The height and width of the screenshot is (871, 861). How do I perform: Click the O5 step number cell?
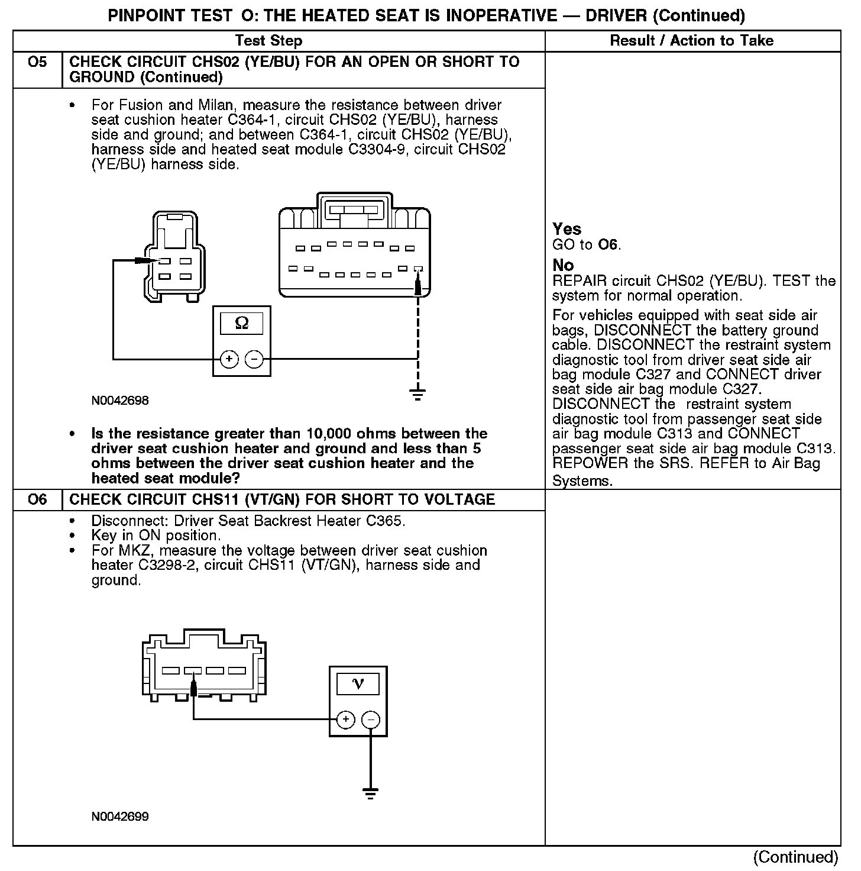pyautogui.click(x=37, y=62)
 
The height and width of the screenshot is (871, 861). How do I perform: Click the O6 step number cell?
pyautogui.click(x=37, y=499)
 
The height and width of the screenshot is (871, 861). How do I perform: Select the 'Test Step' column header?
pyautogui.click(x=269, y=41)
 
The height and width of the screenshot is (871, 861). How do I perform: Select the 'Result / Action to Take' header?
pyautogui.click(x=691, y=41)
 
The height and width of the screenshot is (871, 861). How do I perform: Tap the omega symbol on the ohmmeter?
pyautogui.click(x=242, y=323)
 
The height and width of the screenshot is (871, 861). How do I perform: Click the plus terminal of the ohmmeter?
pyautogui.click(x=229, y=359)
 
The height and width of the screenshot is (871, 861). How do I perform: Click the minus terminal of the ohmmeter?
pyautogui.click(x=254, y=359)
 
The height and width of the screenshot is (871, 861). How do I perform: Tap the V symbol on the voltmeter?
pyautogui.click(x=358, y=684)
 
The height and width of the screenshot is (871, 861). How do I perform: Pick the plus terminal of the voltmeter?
pyautogui.click(x=345, y=720)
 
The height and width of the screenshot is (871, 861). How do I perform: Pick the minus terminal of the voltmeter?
pyautogui.click(x=371, y=720)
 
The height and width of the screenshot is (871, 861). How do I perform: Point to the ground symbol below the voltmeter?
pyautogui.click(x=371, y=793)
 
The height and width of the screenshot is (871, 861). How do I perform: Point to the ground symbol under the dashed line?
pyautogui.click(x=418, y=393)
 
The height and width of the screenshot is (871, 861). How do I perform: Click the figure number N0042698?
pyautogui.click(x=120, y=401)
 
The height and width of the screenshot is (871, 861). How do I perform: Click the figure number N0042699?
pyautogui.click(x=120, y=817)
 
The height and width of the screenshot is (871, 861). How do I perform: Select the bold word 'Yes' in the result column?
pyautogui.click(x=567, y=230)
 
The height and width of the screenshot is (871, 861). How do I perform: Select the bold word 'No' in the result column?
pyautogui.click(x=563, y=265)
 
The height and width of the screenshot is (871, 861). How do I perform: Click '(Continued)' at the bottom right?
pyautogui.click(x=795, y=857)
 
